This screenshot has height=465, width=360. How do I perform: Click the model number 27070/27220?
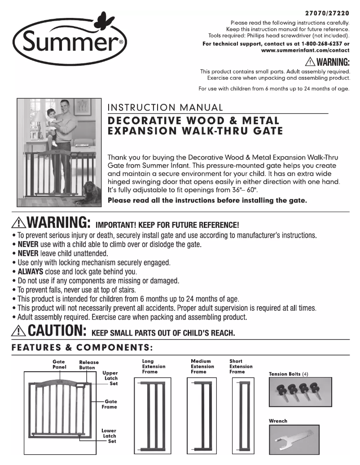pyautogui.click(x=326, y=13)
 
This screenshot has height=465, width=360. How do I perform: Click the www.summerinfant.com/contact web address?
pyautogui.click(x=305, y=51)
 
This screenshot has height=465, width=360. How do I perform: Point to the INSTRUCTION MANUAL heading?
pyautogui.click(x=166, y=108)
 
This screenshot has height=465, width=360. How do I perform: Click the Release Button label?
pyautogui.click(x=88, y=365)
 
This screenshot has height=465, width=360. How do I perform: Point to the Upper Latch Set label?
pyautogui.click(x=110, y=378)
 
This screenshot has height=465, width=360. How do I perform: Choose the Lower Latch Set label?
pyautogui.click(x=109, y=435)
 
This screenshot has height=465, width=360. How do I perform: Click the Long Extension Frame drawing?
pyautogui.click(x=153, y=415)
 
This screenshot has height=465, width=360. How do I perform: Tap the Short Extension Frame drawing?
pyautogui.click(x=244, y=415)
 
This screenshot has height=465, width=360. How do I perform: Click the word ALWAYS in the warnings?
pyautogui.click(x=31, y=272)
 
